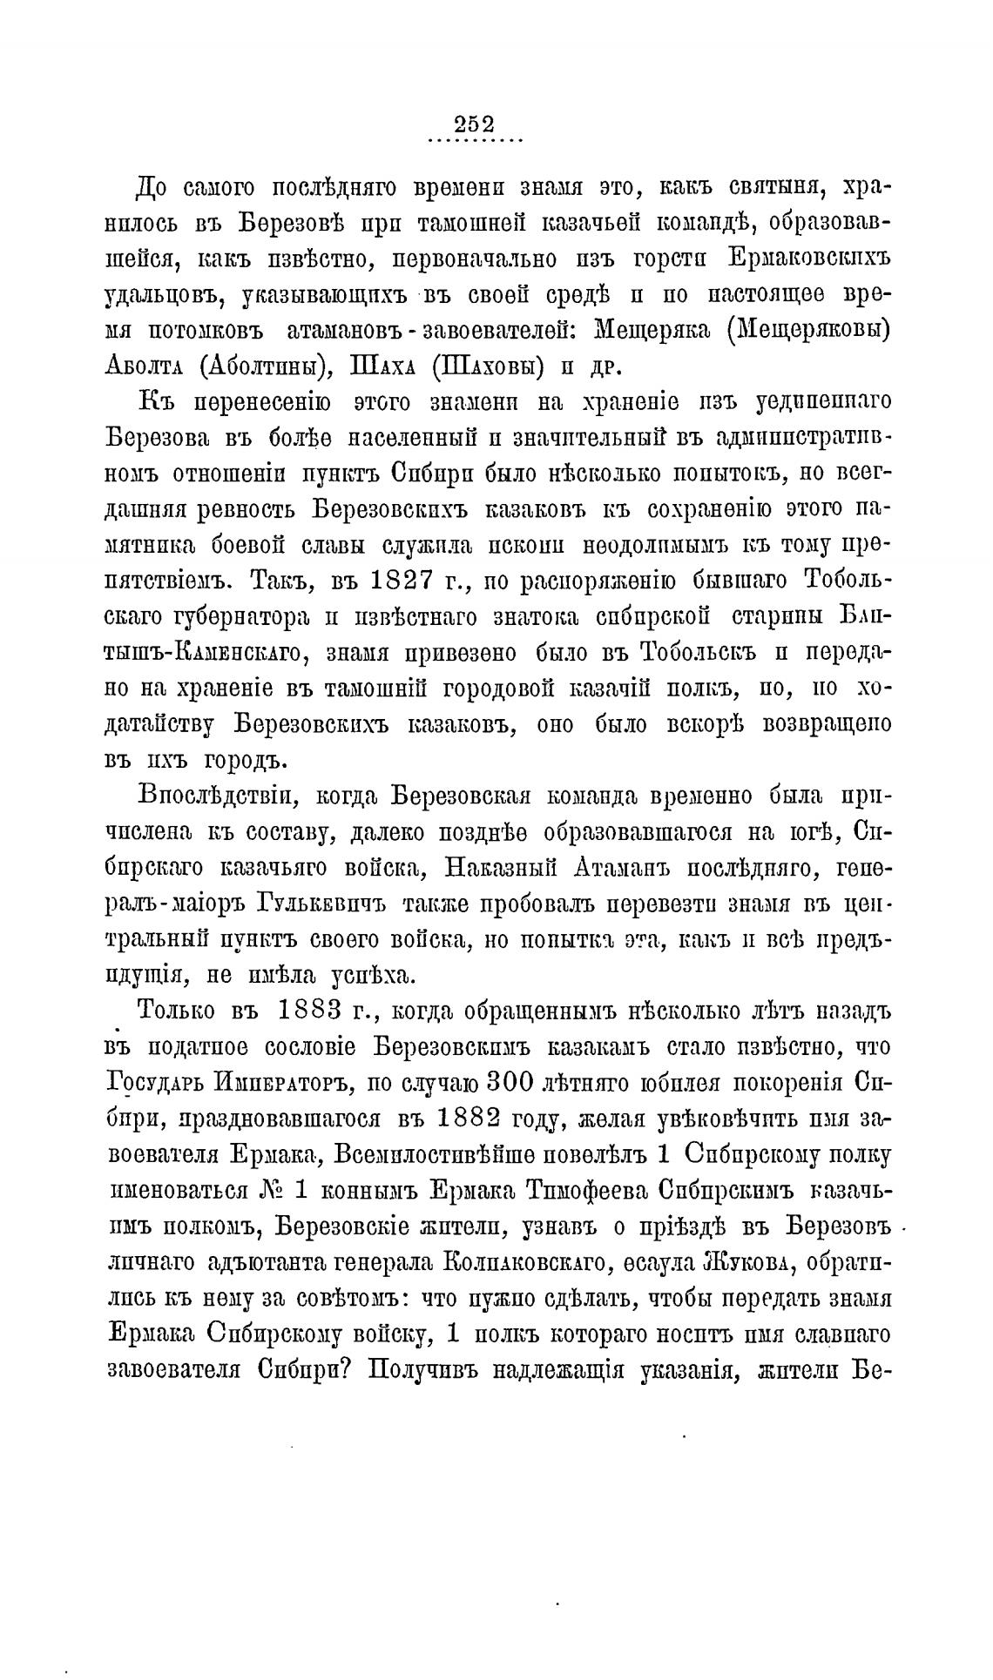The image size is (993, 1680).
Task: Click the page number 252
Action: (474, 124)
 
